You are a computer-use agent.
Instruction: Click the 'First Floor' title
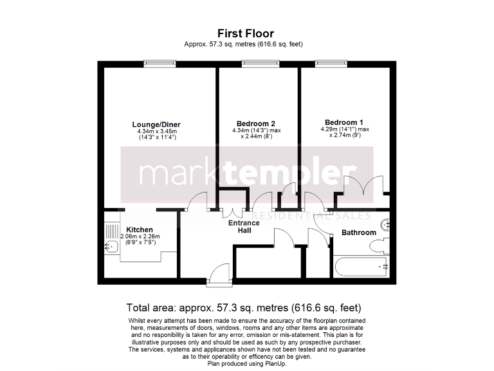tap(245, 33)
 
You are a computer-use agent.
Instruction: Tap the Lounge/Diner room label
tap(156, 124)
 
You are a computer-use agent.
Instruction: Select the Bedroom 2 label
tap(256, 124)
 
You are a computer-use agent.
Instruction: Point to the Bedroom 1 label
tap(344, 122)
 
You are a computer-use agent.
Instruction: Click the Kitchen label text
tap(140, 230)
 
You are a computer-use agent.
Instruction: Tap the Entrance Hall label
tap(244, 227)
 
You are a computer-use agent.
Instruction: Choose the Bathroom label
tap(358, 233)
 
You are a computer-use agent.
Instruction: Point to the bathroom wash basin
tap(385, 224)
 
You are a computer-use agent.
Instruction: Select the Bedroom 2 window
tap(261, 63)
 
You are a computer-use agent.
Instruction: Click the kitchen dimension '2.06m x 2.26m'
tap(140, 236)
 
